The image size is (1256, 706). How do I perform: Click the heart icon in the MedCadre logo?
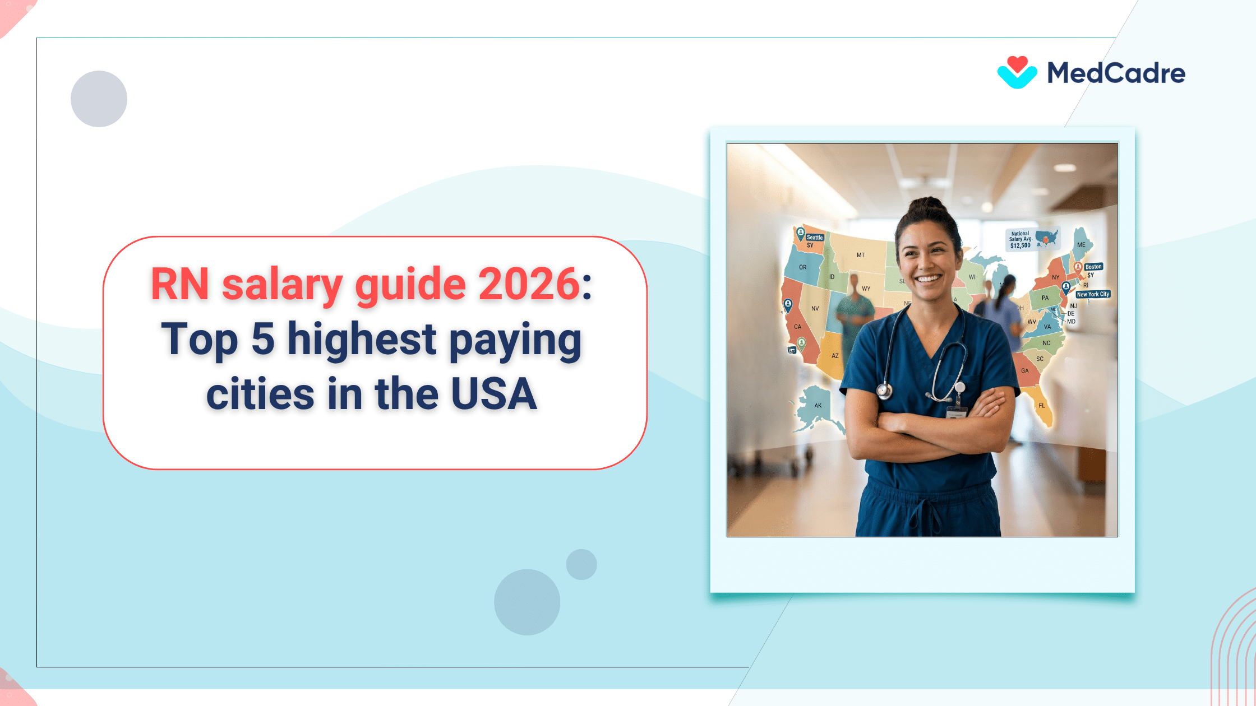pos(1017,72)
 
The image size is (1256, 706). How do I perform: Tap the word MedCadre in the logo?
pos(1116,73)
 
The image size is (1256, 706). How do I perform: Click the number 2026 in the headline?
pos(528,284)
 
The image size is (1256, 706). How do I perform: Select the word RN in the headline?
pos(180,284)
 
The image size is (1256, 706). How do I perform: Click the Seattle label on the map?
pos(814,238)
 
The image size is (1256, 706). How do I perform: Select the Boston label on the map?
pos(1093,267)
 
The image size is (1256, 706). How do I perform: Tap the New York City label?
pos(1093,294)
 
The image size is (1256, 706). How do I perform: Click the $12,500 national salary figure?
pos(1020,245)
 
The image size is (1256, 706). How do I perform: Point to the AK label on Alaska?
pos(818,406)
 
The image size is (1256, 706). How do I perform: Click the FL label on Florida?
pos(1041,406)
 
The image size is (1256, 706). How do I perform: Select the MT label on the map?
pos(860,255)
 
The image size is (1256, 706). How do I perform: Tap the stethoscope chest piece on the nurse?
pos(884,391)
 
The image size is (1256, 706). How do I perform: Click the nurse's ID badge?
pos(957,413)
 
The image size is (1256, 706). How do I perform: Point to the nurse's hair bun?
pos(928,205)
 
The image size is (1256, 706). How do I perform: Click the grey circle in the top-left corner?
pos(99,99)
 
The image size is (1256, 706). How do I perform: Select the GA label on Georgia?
pos(1024,371)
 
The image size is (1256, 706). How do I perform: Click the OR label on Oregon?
pos(802,267)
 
